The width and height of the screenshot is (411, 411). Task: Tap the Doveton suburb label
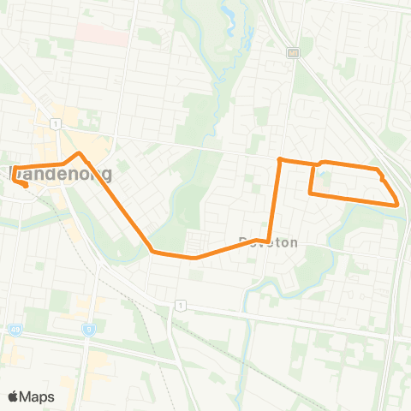(269, 243)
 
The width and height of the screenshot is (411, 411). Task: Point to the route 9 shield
(88, 329)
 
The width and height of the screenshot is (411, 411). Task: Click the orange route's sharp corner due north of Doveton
(279, 158)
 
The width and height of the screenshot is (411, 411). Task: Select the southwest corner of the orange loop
(310, 194)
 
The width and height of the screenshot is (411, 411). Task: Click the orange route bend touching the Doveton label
(269, 239)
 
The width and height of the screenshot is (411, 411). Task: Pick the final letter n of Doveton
(294, 243)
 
